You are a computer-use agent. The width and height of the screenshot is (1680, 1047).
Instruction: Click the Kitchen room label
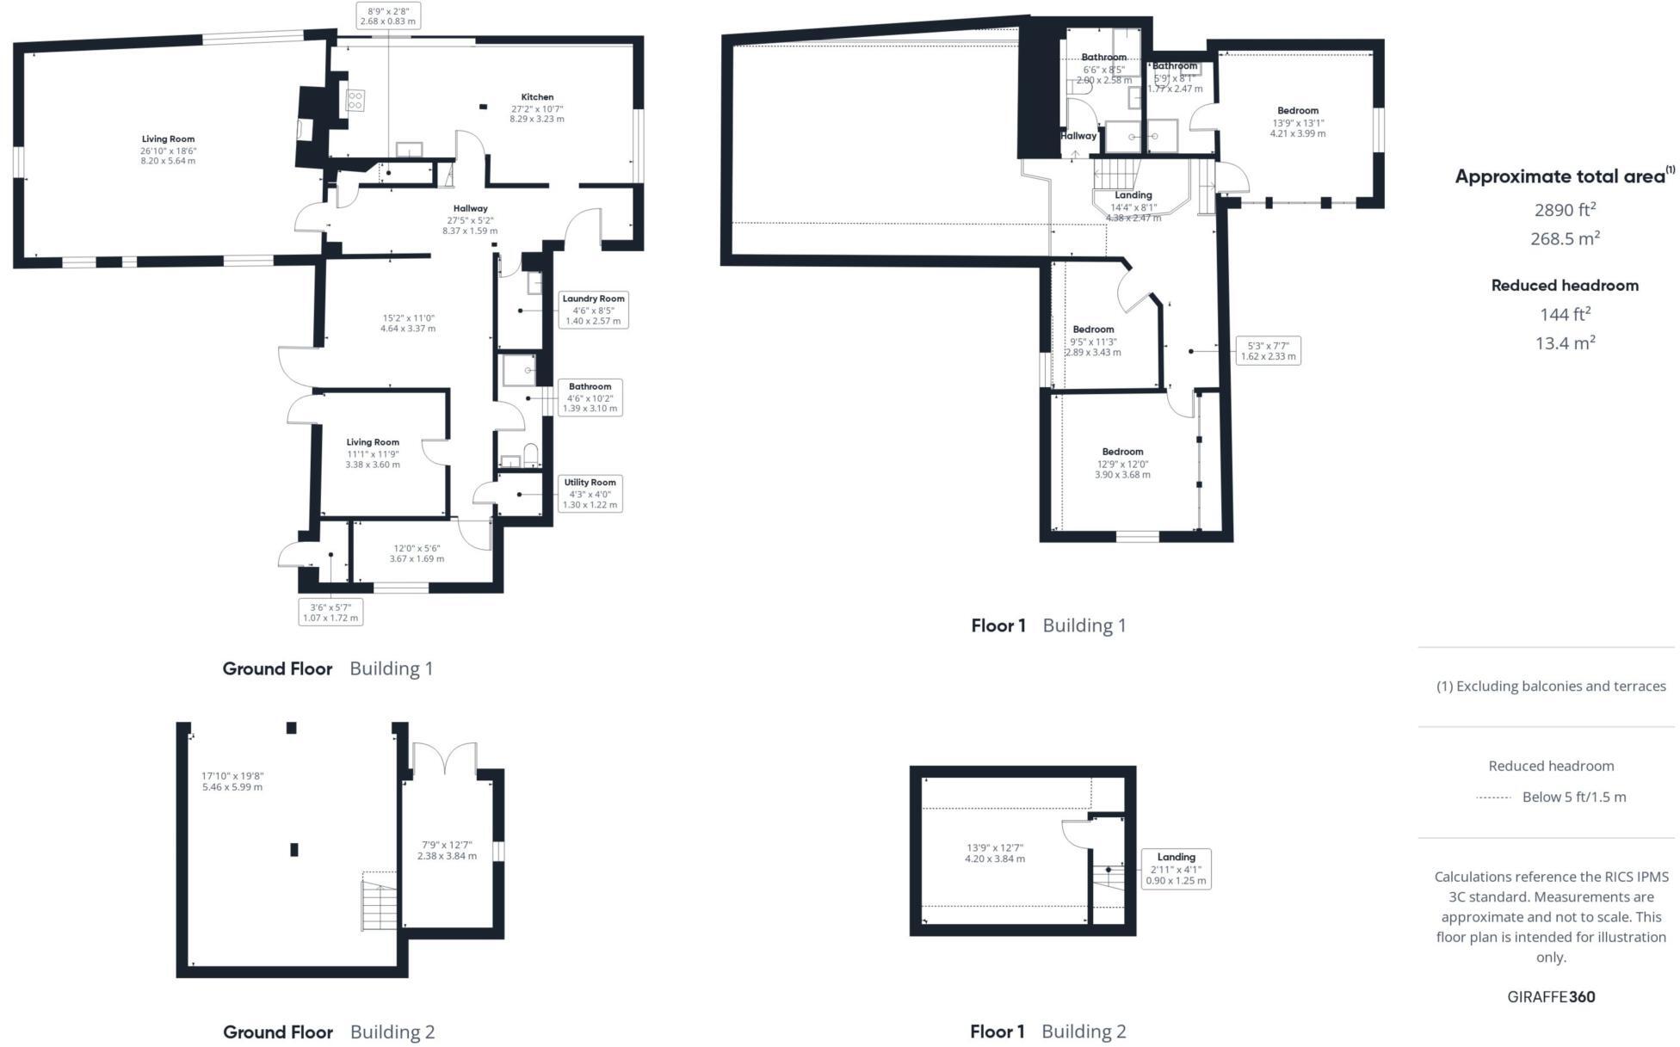537,97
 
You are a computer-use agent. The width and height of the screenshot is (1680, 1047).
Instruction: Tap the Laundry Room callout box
593,310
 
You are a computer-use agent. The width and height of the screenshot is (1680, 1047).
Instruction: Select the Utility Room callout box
590,494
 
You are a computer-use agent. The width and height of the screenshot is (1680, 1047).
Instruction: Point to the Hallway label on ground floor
470,209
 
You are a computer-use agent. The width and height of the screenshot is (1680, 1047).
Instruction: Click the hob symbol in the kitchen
355,101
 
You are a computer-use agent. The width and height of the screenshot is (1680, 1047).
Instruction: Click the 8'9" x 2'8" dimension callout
388,15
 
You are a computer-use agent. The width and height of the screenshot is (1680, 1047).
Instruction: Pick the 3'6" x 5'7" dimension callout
330,613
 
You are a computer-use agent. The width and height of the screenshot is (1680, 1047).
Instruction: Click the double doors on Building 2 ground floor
444,759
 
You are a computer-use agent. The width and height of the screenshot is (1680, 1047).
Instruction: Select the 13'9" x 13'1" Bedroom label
1298,111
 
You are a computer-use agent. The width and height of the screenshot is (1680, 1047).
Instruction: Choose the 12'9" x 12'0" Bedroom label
1122,453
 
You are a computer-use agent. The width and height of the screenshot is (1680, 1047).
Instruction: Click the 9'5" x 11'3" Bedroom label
1093,329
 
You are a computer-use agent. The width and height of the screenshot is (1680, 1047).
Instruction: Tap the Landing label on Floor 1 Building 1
1133,195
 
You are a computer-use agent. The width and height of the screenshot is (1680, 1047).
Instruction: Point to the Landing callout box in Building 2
1176,869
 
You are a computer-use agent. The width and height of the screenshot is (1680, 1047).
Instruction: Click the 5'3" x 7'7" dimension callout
1268,351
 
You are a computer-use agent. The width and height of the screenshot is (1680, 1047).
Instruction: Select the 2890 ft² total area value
1565,209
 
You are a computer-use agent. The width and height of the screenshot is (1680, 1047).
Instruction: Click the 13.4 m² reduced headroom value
1565,343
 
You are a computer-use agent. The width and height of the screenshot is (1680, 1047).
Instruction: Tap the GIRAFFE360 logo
1551,997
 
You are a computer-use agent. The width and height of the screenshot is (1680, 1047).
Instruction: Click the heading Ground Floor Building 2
329,1032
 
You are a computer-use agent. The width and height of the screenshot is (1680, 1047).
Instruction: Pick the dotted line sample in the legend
1493,798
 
